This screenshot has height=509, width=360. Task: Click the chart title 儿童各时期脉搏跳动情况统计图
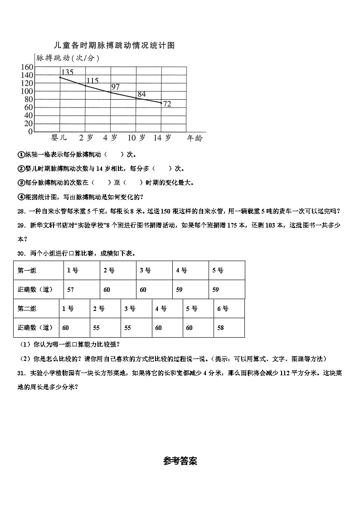coord(114,45)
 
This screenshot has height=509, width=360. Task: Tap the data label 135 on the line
coord(67,72)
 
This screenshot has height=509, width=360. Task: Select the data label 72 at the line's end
coord(167,104)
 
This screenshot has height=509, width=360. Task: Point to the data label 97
coord(115,87)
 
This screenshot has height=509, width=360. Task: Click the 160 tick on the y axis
coord(27,67)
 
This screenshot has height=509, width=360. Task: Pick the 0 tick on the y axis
coord(30,132)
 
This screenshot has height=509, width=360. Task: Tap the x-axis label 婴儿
coord(59,138)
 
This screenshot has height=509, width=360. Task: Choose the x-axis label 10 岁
coord(136,138)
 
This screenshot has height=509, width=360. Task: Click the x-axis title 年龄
coord(195,138)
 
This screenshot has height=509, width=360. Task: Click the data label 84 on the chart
coord(141,94)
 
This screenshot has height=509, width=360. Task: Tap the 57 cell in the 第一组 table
coord(71,290)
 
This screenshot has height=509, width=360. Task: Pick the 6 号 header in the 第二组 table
coord(223,309)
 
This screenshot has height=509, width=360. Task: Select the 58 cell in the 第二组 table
coord(220,328)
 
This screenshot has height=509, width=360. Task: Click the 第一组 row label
coord(27,271)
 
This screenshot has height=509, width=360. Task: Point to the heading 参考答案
coord(180,461)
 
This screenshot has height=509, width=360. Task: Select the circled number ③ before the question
coord(20,183)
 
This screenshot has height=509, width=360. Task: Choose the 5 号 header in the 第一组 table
coord(218,271)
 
